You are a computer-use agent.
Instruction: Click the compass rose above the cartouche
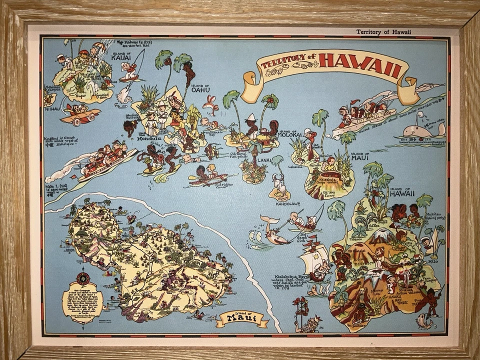click(x=83, y=277)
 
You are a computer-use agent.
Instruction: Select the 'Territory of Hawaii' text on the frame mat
click(x=383, y=32)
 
